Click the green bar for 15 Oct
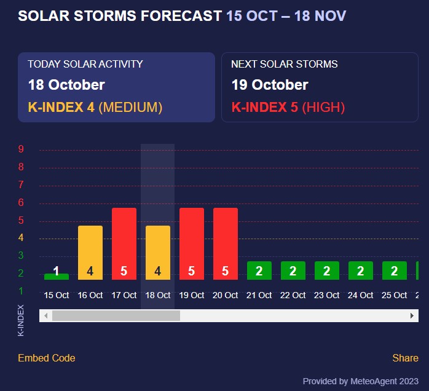click(x=57, y=276)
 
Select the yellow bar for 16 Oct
click(x=90, y=253)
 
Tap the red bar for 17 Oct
click(x=124, y=243)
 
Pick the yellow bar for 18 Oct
click(x=158, y=253)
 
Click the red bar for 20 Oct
click(x=226, y=243)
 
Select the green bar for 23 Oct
click(x=327, y=271)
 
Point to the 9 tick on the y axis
click(x=21, y=149)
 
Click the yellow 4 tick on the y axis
click(x=21, y=238)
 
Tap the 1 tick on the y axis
click(x=21, y=291)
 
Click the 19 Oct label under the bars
click(x=192, y=295)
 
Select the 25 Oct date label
click(x=395, y=295)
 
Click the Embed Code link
click(x=47, y=358)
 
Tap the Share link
click(x=405, y=358)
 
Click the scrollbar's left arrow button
click(x=45, y=315)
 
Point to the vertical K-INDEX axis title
click(x=22, y=320)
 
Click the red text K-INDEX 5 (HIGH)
click(x=288, y=108)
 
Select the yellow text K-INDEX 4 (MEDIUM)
click(x=95, y=108)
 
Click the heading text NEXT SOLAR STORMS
click(x=284, y=64)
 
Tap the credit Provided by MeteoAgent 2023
click(x=361, y=381)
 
